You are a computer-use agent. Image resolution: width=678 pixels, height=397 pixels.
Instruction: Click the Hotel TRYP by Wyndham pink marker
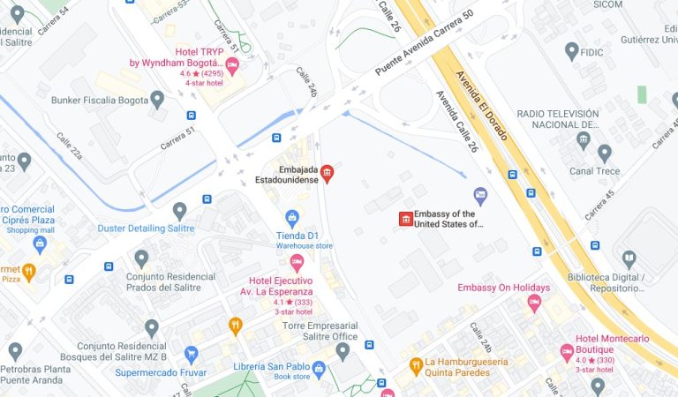[x=232, y=64]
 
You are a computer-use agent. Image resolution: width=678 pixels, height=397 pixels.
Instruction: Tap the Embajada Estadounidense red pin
[x=327, y=172]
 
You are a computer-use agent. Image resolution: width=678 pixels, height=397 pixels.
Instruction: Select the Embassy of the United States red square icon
[x=406, y=218]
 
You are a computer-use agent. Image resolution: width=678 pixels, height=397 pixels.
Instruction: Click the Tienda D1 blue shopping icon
[x=292, y=217]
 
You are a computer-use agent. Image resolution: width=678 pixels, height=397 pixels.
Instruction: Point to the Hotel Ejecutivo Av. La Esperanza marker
[x=298, y=262]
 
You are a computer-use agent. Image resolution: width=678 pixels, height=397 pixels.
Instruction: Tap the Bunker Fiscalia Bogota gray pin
[x=157, y=98]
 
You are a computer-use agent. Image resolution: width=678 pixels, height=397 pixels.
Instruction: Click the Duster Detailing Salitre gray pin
[x=179, y=210]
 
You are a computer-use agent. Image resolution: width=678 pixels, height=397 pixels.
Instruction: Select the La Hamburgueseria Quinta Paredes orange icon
[x=415, y=363]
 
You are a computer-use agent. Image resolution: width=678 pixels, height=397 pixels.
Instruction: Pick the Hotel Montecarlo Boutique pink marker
[x=567, y=352]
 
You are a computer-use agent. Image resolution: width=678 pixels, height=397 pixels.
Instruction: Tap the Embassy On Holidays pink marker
[x=533, y=303]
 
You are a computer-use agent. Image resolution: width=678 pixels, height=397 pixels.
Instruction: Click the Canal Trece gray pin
[x=605, y=154]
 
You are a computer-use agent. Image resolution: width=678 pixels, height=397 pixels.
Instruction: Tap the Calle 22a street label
[x=70, y=147]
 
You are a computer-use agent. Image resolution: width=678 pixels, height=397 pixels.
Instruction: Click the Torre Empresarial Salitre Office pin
[x=343, y=351]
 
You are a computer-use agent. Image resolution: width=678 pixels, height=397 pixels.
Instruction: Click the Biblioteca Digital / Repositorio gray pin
[x=629, y=258]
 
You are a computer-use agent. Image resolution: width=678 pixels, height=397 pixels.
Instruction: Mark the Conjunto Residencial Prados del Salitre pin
[x=141, y=258]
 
